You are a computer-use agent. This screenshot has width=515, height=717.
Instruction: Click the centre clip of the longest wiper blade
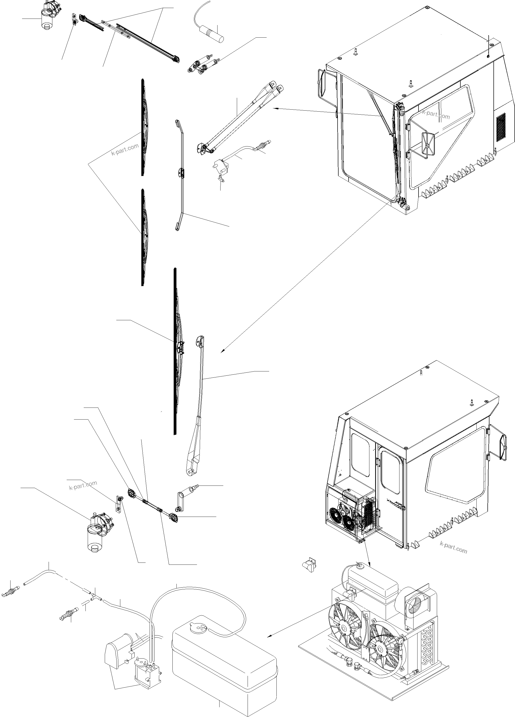coord(180,347)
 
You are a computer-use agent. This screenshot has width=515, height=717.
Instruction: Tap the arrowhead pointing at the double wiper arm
coord(274,108)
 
